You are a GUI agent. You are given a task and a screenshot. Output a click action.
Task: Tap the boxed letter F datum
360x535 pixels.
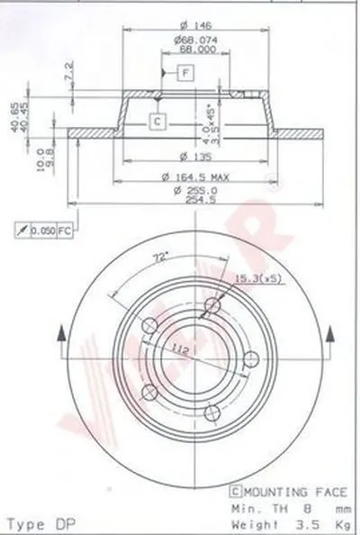tap(184, 72)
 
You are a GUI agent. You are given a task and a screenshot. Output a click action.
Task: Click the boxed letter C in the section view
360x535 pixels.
tap(156, 121)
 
